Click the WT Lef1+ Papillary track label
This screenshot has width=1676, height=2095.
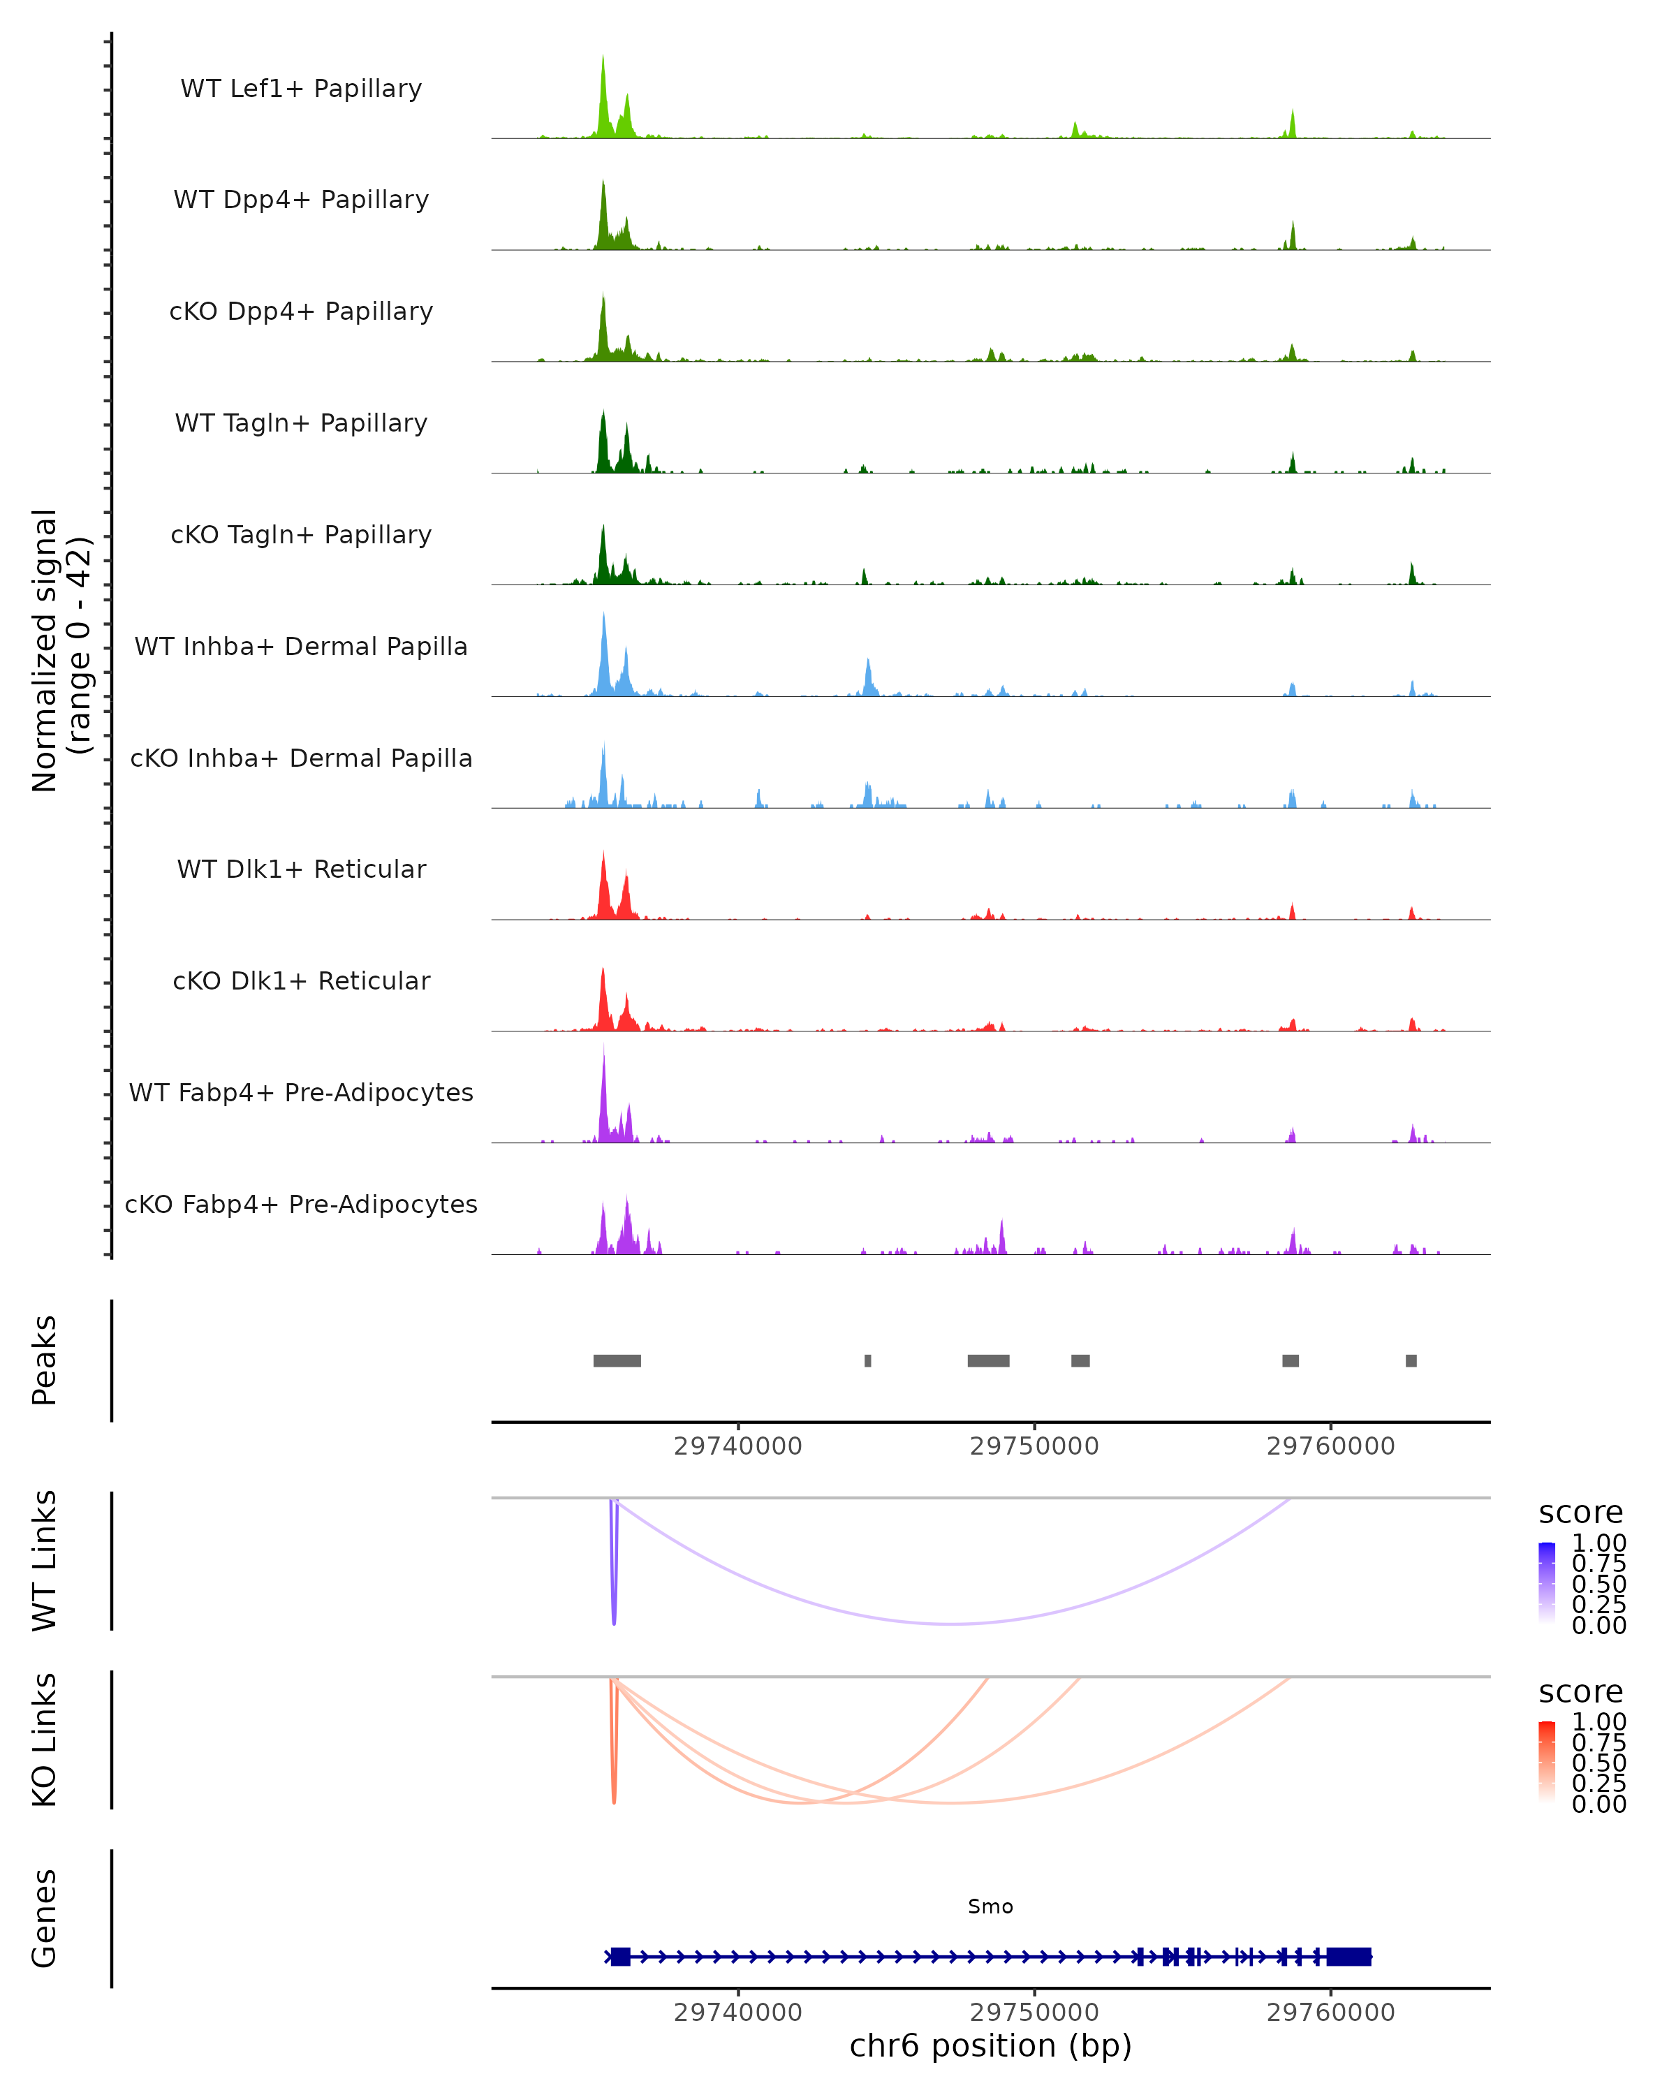[301, 89]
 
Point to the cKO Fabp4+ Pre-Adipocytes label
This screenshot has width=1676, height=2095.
[301, 1204]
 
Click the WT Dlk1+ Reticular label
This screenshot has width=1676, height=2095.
[301, 869]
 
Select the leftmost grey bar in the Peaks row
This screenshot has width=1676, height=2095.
[617, 1360]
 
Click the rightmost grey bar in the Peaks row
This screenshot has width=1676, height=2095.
[1411, 1360]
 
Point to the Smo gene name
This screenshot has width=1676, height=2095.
[990, 1906]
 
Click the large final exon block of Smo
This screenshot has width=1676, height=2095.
[1348, 1956]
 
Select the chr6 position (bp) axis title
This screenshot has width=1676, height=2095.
[990, 2045]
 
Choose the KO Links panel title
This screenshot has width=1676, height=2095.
[45, 1740]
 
